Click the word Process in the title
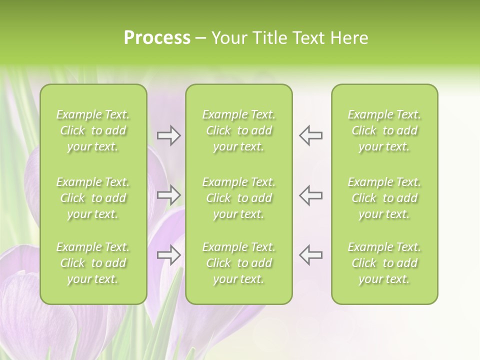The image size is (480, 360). (157, 38)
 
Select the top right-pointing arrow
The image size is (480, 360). (169, 135)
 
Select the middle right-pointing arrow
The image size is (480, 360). (169, 194)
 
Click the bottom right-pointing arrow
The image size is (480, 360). (169, 254)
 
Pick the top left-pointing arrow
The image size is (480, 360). (311, 135)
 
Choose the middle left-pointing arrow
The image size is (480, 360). (311, 194)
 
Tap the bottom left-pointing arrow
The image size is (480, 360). (311, 254)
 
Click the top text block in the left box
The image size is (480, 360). (93, 130)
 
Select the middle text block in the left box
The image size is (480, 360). (93, 198)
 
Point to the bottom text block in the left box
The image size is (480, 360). (93, 263)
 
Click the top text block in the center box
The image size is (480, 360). (239, 130)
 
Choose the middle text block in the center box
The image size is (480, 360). (239, 198)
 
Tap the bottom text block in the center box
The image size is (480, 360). (239, 263)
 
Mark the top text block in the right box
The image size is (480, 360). (384, 130)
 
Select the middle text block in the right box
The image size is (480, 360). (384, 198)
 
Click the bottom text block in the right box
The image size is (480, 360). (384, 263)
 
